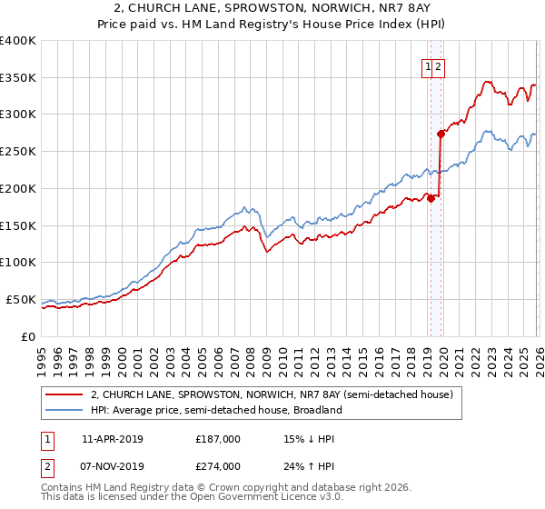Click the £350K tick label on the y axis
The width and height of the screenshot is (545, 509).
pyautogui.click(x=18, y=78)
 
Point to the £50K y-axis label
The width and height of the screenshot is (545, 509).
pyautogui.click(x=21, y=300)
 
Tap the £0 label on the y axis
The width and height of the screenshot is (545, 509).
pyautogui.click(x=28, y=336)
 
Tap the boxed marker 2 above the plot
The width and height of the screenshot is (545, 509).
pyautogui.click(x=438, y=66)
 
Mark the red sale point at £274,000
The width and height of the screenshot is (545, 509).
pyautogui.click(x=441, y=134)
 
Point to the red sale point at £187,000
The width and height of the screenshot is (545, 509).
pyautogui.click(x=431, y=198)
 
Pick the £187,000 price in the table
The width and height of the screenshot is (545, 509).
pyautogui.click(x=218, y=439)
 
